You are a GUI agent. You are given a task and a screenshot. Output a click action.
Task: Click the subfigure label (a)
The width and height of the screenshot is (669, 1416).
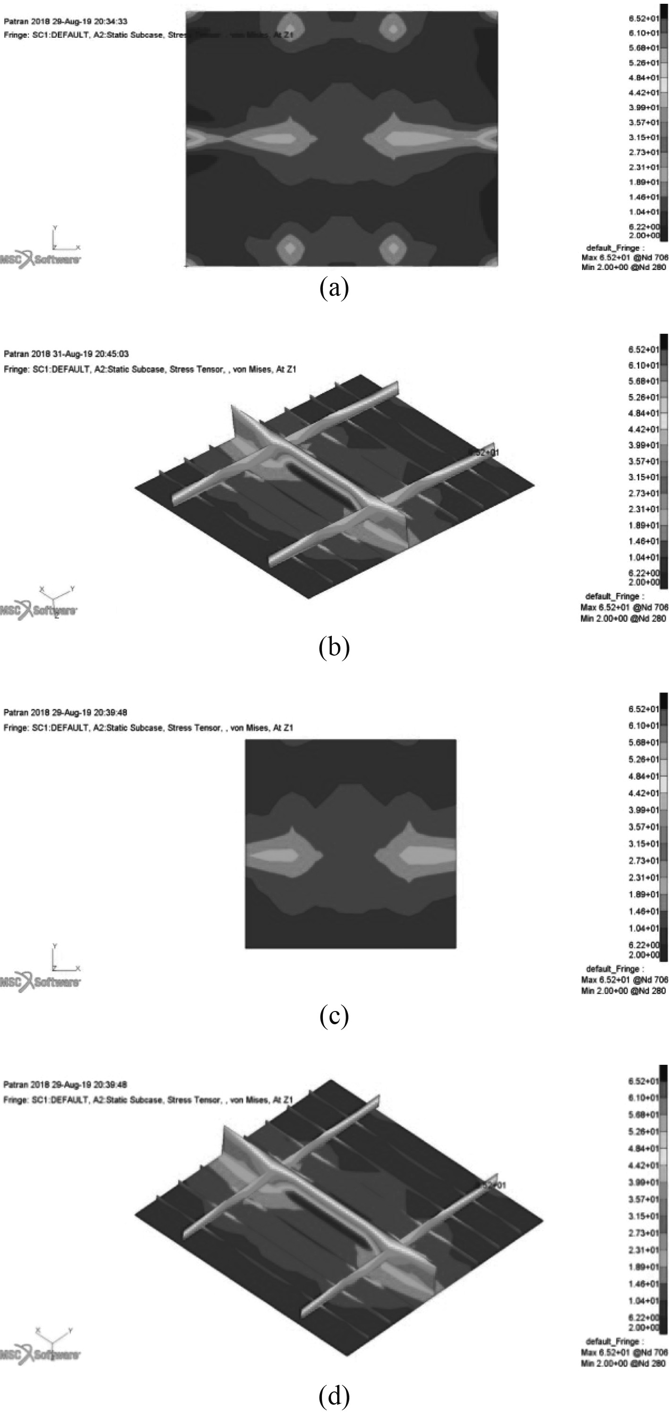[x=334, y=287]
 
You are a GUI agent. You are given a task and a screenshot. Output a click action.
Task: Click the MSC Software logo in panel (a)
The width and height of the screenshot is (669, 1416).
[x=40, y=260]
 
